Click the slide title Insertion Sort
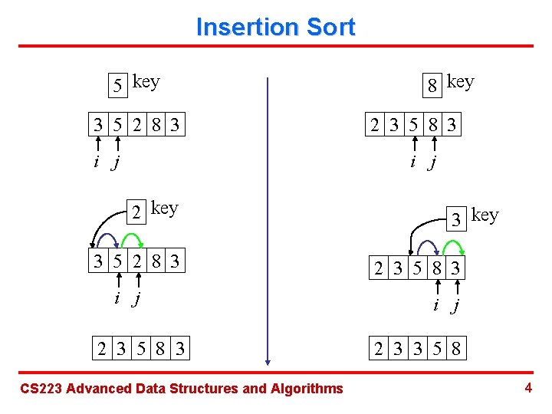click(x=275, y=27)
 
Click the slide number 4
click(x=528, y=388)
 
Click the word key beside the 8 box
click(x=460, y=81)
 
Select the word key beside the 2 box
click(x=165, y=208)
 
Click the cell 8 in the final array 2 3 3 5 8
click(x=455, y=350)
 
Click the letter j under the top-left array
click(x=117, y=162)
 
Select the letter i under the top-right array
click(x=413, y=162)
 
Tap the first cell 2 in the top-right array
click(x=374, y=125)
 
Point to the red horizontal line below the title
click(x=275, y=46)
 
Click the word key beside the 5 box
click(x=146, y=81)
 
